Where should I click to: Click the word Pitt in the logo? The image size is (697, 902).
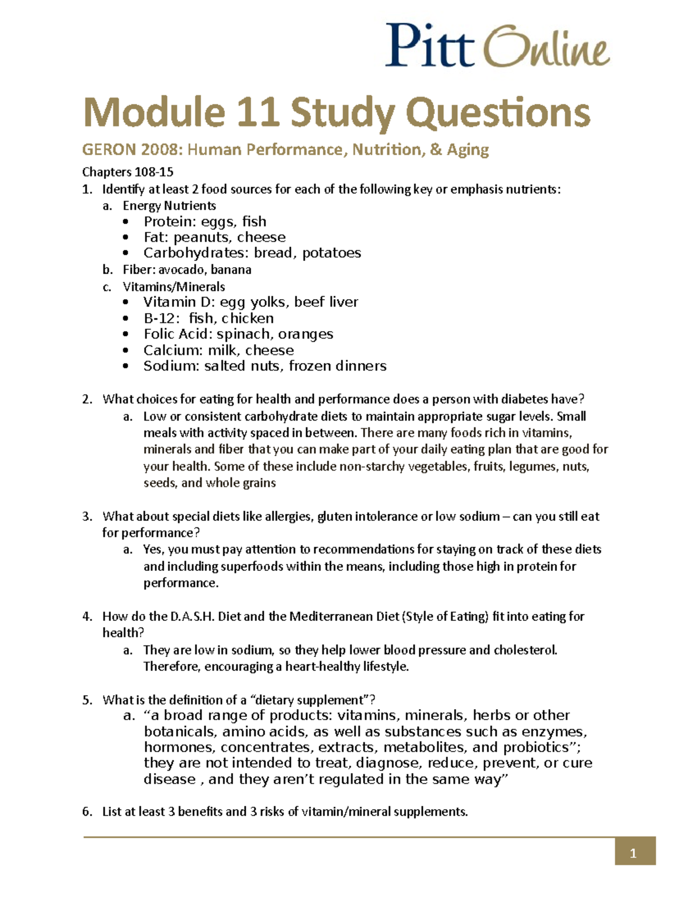pyautogui.click(x=429, y=45)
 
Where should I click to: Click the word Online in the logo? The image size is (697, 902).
pyautogui.click(x=547, y=47)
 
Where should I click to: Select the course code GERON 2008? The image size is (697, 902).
pyautogui.click(x=132, y=150)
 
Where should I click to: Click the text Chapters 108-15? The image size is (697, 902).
pyautogui.click(x=128, y=172)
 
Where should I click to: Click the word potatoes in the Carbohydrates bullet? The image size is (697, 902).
pyautogui.click(x=332, y=253)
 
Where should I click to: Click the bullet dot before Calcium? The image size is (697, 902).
pyautogui.click(x=126, y=351)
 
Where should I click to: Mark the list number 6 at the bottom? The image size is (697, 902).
pyautogui.click(x=87, y=811)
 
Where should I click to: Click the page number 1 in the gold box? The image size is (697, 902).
pyautogui.click(x=634, y=853)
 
